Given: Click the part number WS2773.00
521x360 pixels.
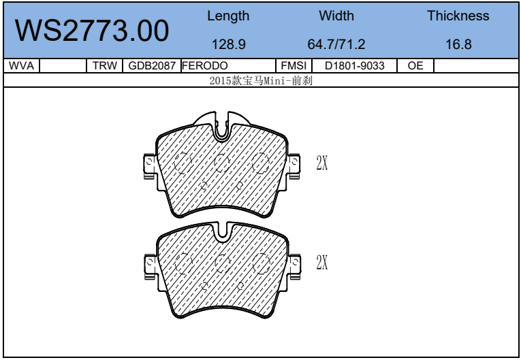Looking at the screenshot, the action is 92,31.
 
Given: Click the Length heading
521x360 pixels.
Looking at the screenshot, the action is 228,16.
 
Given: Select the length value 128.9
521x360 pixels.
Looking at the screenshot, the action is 229,44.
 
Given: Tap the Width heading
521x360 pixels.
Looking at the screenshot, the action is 336,16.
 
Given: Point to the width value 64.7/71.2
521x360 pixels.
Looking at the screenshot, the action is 336,44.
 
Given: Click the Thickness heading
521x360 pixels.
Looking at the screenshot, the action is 458,16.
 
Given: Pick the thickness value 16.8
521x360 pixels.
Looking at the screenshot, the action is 458,44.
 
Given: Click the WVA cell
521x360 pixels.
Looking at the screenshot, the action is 21,65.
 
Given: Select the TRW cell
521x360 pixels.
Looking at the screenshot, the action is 105,65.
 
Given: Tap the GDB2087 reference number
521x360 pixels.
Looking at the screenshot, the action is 152,66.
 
